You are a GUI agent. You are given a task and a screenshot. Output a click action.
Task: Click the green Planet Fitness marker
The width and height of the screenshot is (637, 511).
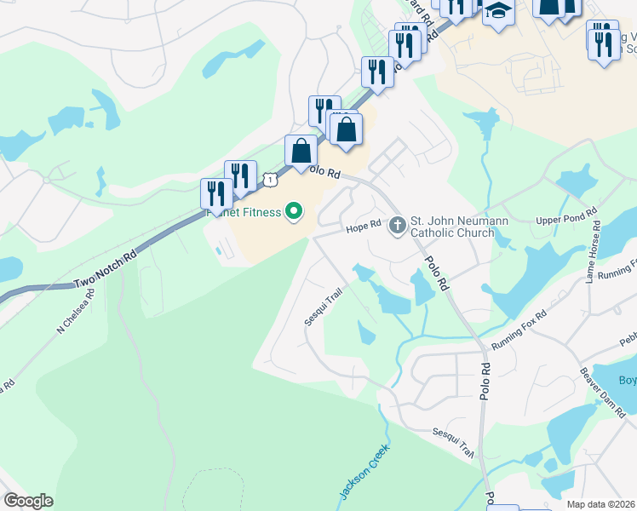pyautogui.click(x=295, y=210)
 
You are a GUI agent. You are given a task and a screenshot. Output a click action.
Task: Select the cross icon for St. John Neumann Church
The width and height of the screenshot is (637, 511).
pyautogui.click(x=397, y=226)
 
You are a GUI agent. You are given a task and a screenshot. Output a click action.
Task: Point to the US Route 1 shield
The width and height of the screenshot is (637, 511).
pyautogui.click(x=270, y=179)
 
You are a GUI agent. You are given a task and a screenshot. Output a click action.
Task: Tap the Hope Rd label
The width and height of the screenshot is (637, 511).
pyautogui.click(x=361, y=228)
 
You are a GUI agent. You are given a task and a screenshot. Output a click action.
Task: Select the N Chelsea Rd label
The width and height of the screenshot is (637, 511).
pyautogui.click(x=76, y=315)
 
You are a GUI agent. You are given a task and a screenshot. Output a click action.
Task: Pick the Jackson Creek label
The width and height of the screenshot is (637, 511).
pyautogui.click(x=364, y=472)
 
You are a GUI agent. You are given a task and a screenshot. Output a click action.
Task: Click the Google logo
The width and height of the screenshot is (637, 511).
pyautogui.click(x=28, y=501)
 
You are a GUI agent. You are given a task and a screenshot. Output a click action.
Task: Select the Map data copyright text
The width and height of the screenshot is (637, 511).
pyautogui.click(x=601, y=504)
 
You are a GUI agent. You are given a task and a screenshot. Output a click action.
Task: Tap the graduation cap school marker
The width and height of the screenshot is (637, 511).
pyautogui.click(x=498, y=13)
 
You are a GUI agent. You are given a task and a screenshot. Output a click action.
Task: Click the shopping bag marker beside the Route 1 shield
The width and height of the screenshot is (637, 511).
pyautogui.click(x=301, y=152)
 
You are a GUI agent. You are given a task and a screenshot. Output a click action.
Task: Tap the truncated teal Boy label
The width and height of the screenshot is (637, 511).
pyautogui.click(x=627, y=380)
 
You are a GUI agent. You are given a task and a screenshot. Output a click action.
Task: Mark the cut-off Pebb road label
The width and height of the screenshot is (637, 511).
pyautogui.click(x=628, y=339)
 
